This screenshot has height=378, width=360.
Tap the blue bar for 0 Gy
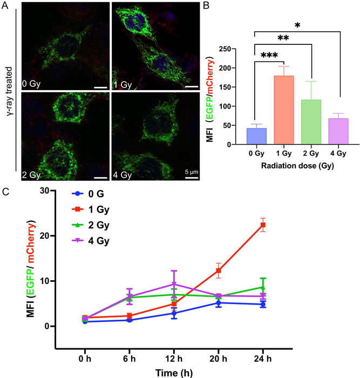click(x=240, y=137)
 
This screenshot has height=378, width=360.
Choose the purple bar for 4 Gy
click(x=323, y=132)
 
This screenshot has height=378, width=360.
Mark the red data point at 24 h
click(x=263, y=225)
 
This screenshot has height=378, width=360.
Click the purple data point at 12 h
click(x=174, y=284)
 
